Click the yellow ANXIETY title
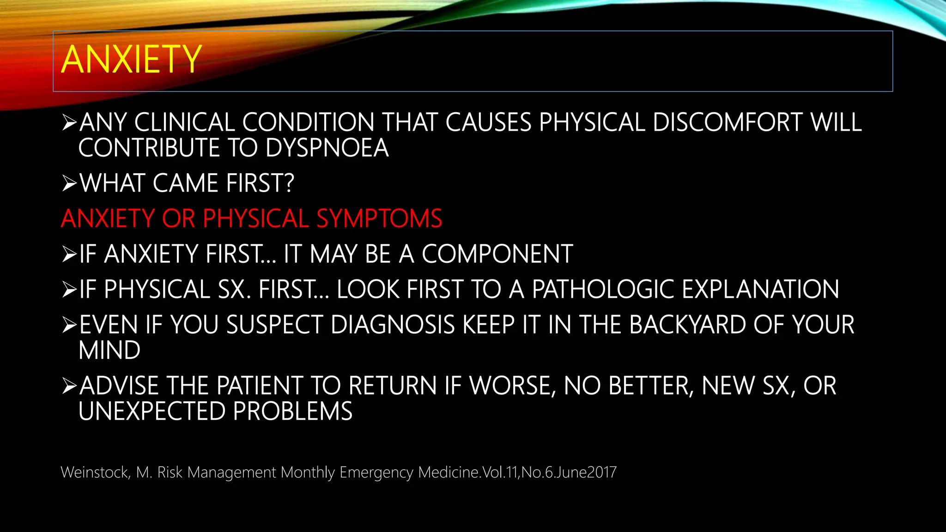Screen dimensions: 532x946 click(x=131, y=60)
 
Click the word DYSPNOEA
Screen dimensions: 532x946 click(x=327, y=148)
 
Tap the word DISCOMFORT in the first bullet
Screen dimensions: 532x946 click(x=728, y=123)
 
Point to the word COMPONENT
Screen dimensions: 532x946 click(x=497, y=254)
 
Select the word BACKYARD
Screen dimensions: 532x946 click(x=687, y=325)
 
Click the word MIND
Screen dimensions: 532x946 click(x=109, y=351)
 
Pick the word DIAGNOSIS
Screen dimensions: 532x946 click(x=393, y=325)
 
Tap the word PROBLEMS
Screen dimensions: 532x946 click(x=293, y=411)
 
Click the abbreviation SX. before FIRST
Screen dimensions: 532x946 click(x=234, y=290)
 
